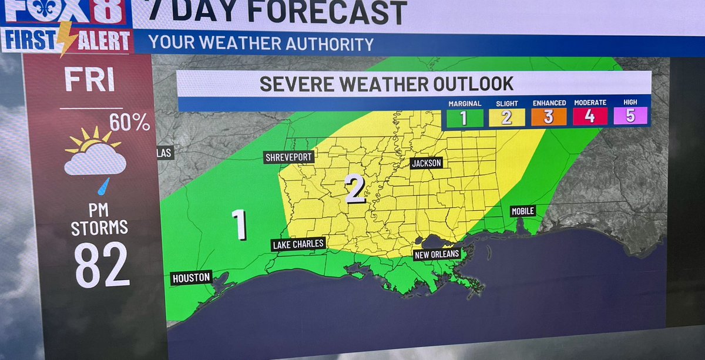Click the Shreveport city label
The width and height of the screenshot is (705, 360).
coord(288,157)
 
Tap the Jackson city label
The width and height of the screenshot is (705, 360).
coord(426,163)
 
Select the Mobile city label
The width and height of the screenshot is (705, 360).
coord(522,211)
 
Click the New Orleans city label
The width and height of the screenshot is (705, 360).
coord(437,254)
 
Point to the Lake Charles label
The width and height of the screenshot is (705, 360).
coord(298,244)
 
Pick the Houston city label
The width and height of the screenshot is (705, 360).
coord(192,278)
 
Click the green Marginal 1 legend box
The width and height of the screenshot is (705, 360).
coord(464,117)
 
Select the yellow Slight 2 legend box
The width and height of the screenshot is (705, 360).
coord(506,117)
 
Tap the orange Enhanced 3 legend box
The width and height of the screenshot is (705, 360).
coord(549,117)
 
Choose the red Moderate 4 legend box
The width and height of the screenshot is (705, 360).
coord(590,116)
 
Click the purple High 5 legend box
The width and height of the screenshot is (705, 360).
coord(630,116)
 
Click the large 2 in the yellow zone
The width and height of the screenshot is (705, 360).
coord(355,189)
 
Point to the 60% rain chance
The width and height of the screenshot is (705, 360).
coord(129,122)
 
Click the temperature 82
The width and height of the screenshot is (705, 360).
coord(102,265)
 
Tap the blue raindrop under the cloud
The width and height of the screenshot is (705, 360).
coord(104,186)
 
